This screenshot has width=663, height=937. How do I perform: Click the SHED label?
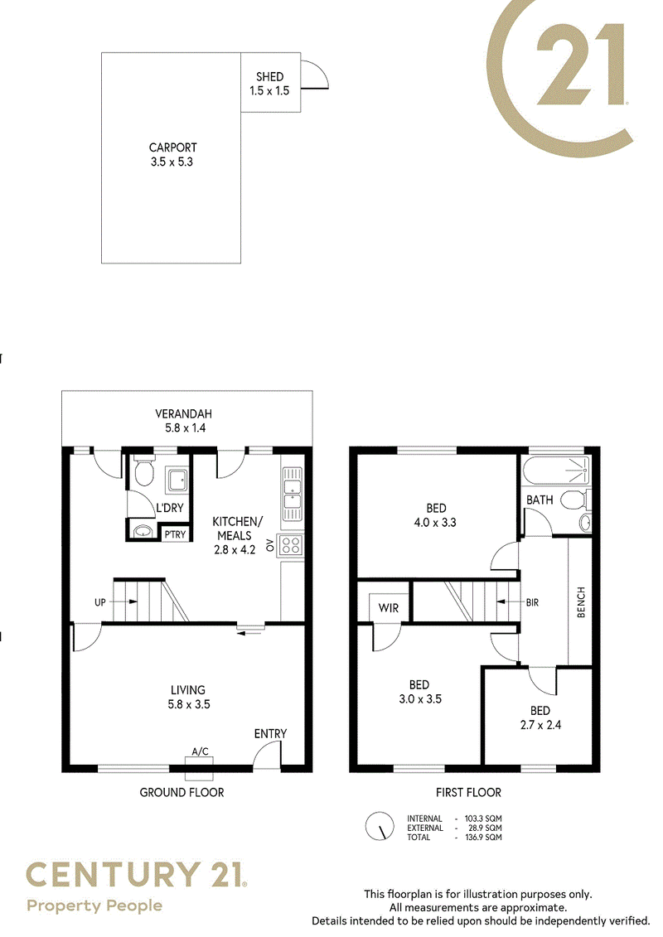(x=269, y=76)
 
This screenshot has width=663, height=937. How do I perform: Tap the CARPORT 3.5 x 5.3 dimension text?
(x=172, y=162)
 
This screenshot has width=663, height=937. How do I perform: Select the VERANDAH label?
(x=183, y=413)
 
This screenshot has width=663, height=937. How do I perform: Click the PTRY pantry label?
(x=175, y=534)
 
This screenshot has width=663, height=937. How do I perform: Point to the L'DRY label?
(x=170, y=508)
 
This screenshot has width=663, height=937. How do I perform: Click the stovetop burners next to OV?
(x=291, y=544)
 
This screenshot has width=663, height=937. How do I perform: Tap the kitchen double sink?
(x=292, y=495)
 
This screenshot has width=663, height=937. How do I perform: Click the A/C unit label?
(x=201, y=751)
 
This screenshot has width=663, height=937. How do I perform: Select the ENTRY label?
(x=270, y=734)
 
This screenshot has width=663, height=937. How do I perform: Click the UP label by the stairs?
(x=99, y=602)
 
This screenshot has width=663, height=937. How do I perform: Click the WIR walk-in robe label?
(x=389, y=608)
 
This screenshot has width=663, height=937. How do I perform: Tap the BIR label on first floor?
(x=532, y=602)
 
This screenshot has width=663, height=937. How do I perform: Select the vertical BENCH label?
(x=581, y=602)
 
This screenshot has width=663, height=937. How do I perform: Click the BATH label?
(x=540, y=500)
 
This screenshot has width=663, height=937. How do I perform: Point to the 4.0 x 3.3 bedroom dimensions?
(x=435, y=523)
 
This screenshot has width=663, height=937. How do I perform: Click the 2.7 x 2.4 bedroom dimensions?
(x=540, y=726)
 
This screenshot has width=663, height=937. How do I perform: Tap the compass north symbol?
(x=380, y=827)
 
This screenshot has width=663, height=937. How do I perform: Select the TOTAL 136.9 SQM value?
(x=484, y=838)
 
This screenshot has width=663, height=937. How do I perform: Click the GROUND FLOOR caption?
(x=181, y=792)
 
